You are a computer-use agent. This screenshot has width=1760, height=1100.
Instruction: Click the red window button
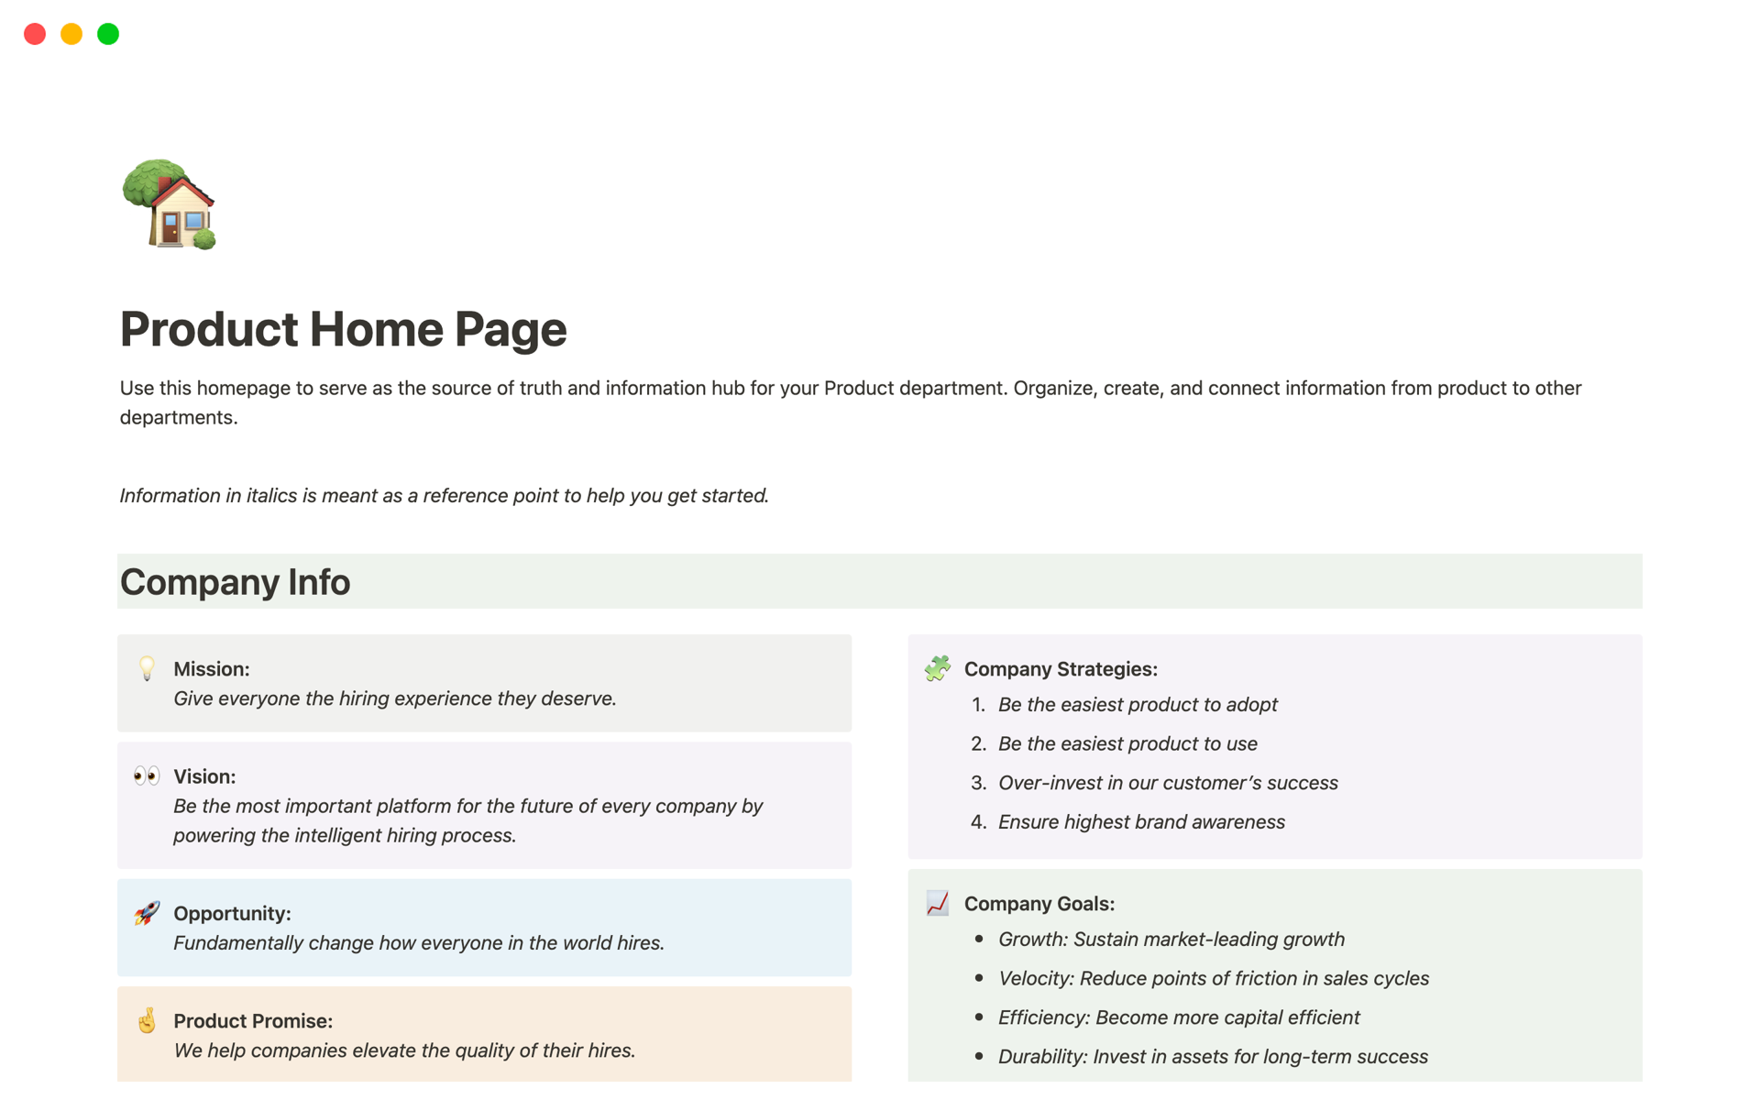pos(35,34)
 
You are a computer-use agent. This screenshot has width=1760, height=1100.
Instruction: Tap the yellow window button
pos(71,34)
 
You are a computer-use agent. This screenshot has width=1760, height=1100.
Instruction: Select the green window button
pos(108,34)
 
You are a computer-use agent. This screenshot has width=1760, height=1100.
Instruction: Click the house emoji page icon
pos(170,204)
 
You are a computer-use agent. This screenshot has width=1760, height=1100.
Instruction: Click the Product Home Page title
pos(343,329)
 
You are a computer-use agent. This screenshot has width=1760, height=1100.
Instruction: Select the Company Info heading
pos(235,582)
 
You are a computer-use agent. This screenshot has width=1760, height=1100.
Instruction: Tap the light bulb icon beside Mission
pos(147,668)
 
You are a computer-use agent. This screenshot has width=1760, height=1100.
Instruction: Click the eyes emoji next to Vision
pos(147,776)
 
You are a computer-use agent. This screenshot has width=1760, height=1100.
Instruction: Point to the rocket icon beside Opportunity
pos(147,913)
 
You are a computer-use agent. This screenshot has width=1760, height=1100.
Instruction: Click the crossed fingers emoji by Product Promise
pos(147,1020)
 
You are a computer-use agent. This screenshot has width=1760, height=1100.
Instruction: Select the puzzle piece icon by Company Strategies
pos(937,668)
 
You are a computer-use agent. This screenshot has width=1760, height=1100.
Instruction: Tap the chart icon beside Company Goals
pos(937,903)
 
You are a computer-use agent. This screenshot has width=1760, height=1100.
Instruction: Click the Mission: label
pos(212,669)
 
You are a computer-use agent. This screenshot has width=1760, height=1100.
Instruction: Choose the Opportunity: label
pos(232,914)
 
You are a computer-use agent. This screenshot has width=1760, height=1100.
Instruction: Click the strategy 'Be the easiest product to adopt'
pos(1138,705)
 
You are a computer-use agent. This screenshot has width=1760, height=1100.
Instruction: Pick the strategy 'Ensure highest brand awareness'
pos(1141,822)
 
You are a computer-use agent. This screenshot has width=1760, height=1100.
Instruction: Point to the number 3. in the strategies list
pos(978,783)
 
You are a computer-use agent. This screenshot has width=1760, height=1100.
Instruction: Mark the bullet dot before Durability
pos(979,1056)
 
